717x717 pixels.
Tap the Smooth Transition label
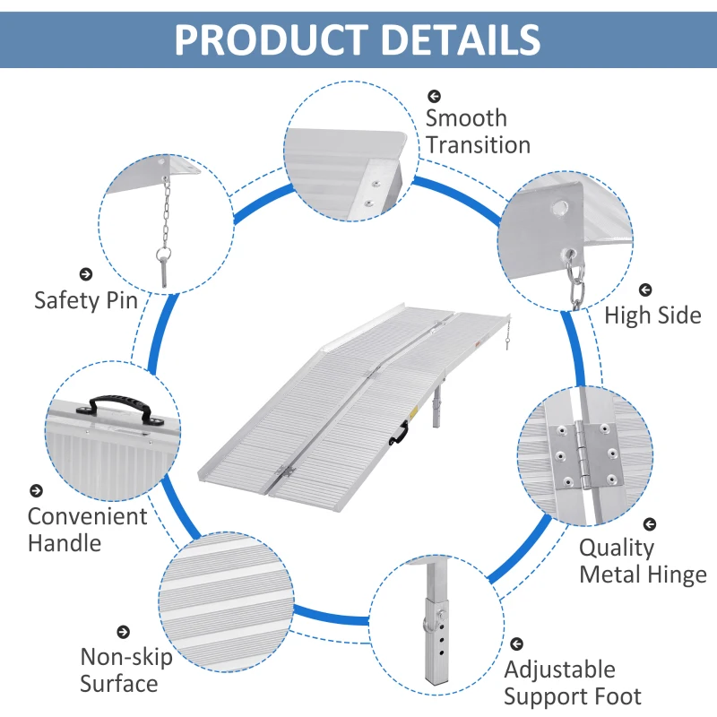click(478, 131)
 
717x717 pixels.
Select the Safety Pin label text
click(86, 299)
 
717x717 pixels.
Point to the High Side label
click(652, 315)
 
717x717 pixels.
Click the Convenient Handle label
click(87, 529)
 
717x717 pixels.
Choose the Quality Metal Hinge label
click(643, 561)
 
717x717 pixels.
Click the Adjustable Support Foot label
click(573, 683)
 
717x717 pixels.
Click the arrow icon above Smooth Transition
click(434, 95)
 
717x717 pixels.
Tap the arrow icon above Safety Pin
click(86, 274)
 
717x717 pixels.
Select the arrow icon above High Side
click(644, 290)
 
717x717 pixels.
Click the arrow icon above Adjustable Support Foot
click(516, 644)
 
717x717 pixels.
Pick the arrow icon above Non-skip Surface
click(124, 633)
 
